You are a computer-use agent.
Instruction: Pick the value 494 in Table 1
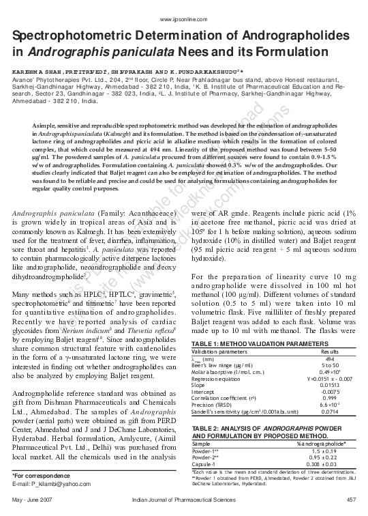tap(330, 358)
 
